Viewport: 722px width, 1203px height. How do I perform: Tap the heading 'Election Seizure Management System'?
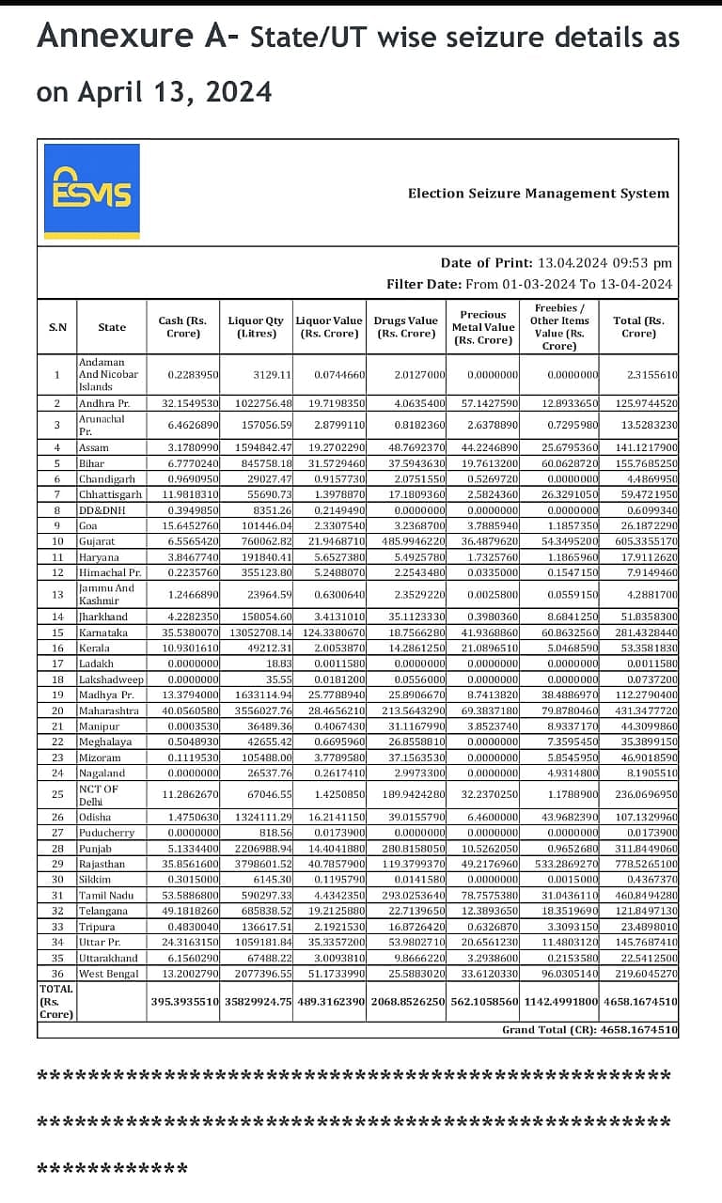[x=538, y=194]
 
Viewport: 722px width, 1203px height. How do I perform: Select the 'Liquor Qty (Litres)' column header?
[x=256, y=327]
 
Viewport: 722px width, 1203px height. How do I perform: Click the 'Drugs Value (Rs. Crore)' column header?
[x=405, y=327]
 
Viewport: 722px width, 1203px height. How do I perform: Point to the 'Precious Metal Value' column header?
[x=483, y=327]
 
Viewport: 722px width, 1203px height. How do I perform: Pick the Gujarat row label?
[x=97, y=541]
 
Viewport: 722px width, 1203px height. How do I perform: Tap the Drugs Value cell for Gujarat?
[x=408, y=541]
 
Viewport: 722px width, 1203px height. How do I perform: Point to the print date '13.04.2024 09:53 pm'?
[x=604, y=263]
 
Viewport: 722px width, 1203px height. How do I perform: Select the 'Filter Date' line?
[x=529, y=284]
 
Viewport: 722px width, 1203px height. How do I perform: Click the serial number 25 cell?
[x=56, y=794]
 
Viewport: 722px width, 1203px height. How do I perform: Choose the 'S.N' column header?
[x=57, y=327]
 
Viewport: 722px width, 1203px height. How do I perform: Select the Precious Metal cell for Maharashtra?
[x=483, y=711]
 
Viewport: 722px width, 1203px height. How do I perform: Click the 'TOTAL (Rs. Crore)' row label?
[x=56, y=1001]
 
